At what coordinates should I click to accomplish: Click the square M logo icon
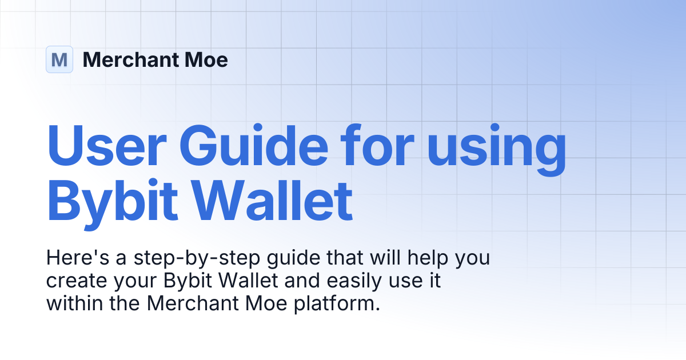[59, 59]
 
